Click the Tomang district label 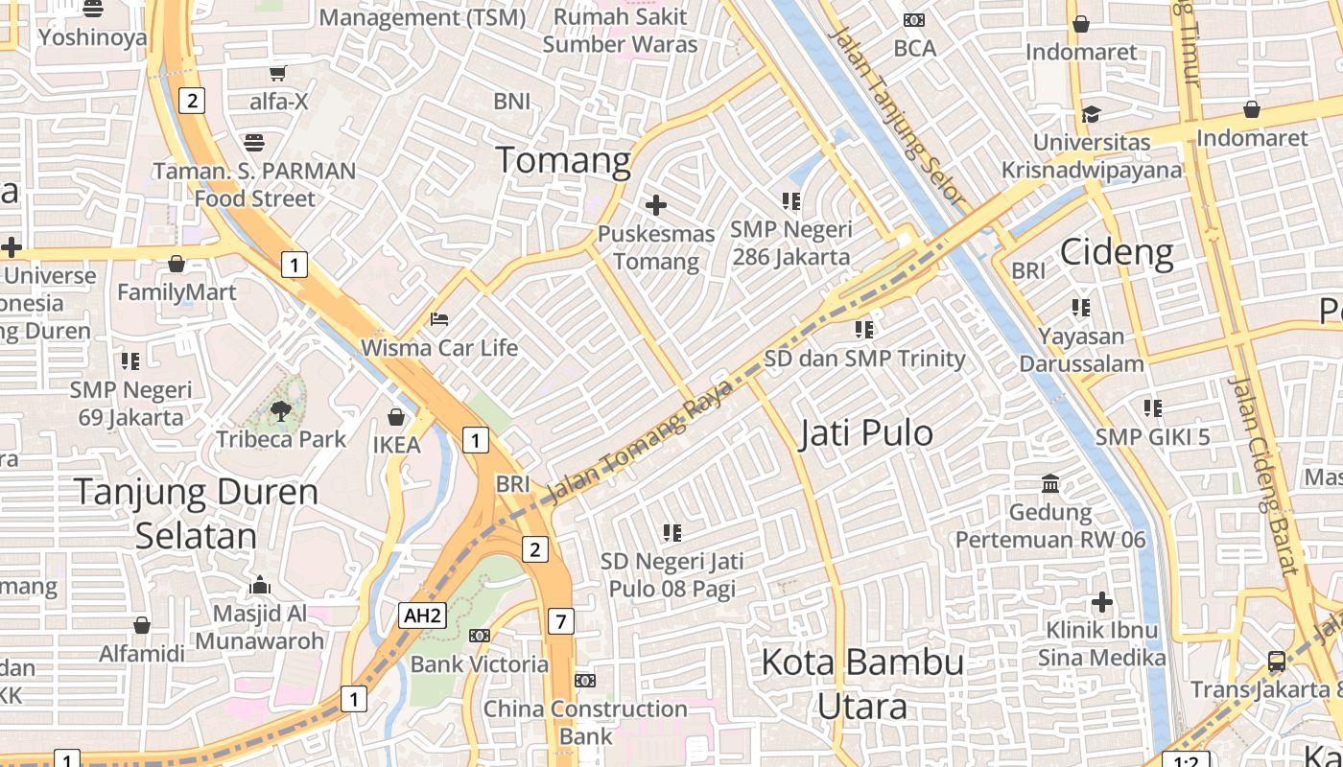pos(563,160)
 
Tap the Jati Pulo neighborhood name pos(865,433)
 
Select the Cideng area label pos(1117,252)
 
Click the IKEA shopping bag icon pos(395,417)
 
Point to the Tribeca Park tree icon pos(280,411)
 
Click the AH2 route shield pos(423,616)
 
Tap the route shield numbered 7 pos(561,621)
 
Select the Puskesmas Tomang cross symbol pos(656,205)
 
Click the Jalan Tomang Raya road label pos(638,440)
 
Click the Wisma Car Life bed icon pos(439,318)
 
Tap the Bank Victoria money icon pos(479,636)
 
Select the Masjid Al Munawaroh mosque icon pos(259,585)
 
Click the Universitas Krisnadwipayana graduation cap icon pos(1091,115)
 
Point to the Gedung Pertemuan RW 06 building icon pos(1050,483)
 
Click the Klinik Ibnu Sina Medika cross pos(1102,602)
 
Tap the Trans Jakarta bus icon pos(1276,661)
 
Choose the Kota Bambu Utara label pos(862,684)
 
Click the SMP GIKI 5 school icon pos(1152,408)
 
